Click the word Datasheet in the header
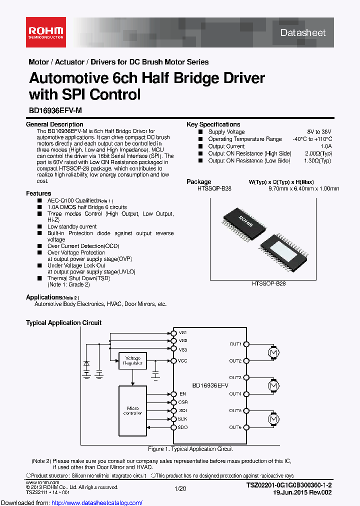(x=303, y=33)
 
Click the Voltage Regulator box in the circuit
(x=132, y=361)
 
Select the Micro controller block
(x=132, y=410)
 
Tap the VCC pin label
(x=182, y=361)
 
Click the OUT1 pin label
(x=235, y=344)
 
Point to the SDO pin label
(x=182, y=427)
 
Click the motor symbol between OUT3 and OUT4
(x=273, y=385)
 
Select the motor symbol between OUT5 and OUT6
(x=273, y=418)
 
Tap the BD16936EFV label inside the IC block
(x=210, y=385)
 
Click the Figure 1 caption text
(x=190, y=449)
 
